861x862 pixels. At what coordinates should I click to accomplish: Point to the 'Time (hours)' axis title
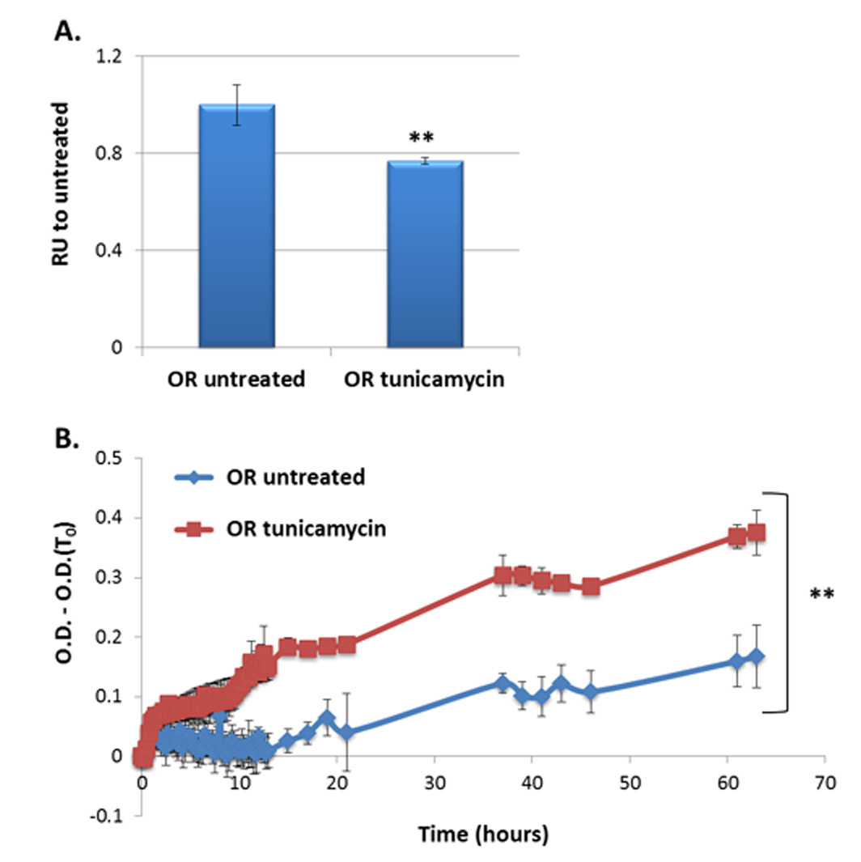484,835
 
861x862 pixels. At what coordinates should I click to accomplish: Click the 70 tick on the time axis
825,783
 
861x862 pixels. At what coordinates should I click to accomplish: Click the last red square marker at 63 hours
757,533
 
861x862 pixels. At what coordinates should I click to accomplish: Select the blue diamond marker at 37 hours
503,684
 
